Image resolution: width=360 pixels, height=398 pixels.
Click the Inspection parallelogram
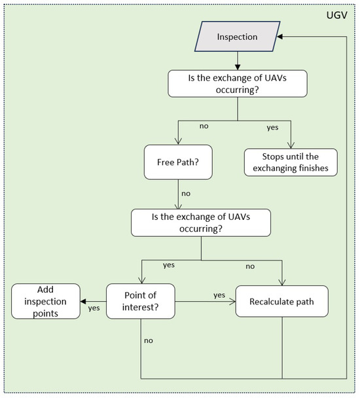[237, 37]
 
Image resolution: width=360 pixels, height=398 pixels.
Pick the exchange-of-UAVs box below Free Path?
[200, 223]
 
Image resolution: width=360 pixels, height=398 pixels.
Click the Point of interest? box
[140, 302]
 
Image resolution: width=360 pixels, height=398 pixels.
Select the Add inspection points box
[45, 302]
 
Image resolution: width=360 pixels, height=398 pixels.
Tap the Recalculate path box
[282, 302]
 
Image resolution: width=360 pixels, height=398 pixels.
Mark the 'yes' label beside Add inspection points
[94, 308]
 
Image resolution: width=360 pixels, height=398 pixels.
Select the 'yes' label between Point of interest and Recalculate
[220, 295]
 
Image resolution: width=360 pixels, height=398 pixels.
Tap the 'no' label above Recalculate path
[251, 266]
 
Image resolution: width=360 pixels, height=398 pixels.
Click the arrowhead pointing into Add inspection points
[84, 302]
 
